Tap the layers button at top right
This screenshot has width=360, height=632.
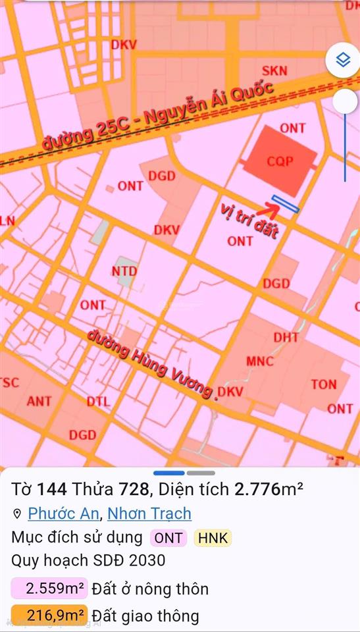342,61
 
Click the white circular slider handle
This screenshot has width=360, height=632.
345,101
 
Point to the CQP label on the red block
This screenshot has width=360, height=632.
280,161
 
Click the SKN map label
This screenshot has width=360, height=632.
274,70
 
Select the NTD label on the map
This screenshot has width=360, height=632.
124,271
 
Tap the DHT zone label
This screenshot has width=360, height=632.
286,337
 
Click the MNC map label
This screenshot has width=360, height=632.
259,361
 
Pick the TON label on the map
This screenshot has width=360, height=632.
323,384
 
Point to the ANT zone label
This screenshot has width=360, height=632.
39,400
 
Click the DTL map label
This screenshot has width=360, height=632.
99,401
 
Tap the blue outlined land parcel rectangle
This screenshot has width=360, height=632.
286,204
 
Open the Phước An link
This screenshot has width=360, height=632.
63,513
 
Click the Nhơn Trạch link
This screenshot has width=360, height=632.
149,513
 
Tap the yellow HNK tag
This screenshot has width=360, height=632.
212,537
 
